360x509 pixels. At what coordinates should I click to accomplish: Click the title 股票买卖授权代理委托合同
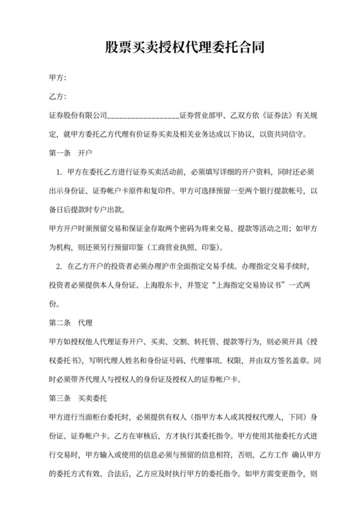179,48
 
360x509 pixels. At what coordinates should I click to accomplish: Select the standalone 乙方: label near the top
58,97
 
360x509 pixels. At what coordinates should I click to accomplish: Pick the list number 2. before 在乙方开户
59,266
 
